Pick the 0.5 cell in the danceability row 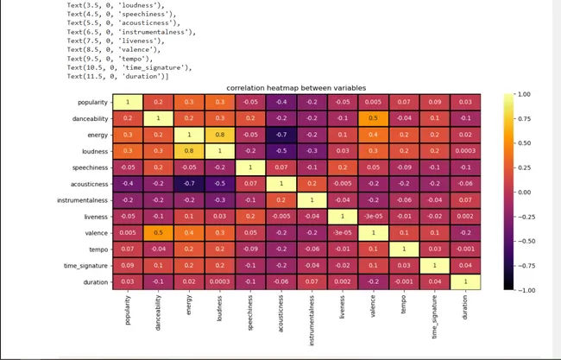tap(375, 118)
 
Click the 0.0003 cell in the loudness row tap(464, 151)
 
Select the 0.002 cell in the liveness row tap(464, 217)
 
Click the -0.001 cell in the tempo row tap(464, 249)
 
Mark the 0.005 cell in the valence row tap(128, 233)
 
